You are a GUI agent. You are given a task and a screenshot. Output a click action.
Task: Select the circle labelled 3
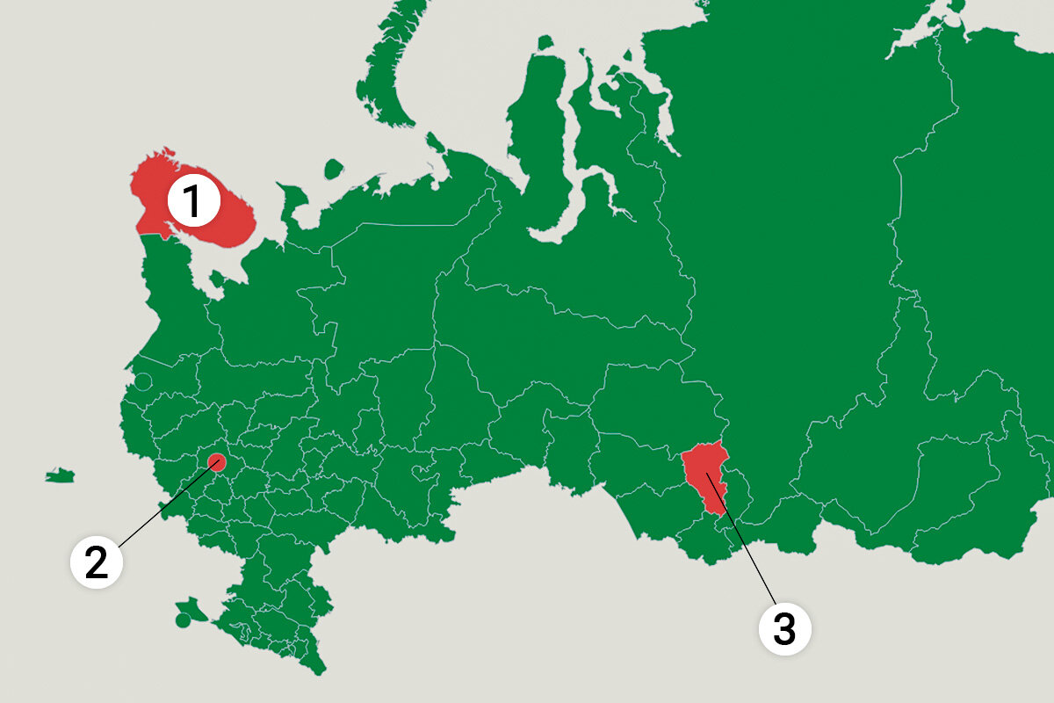point(783,628)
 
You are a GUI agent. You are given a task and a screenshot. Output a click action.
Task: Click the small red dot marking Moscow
point(217,461)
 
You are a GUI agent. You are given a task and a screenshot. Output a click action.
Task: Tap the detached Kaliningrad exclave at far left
point(60,476)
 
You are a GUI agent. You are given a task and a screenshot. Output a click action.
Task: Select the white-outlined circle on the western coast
point(142,382)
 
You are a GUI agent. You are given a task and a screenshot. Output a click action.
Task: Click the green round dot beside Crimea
point(182,620)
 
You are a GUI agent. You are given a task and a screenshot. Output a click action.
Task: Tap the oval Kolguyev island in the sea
point(332,168)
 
